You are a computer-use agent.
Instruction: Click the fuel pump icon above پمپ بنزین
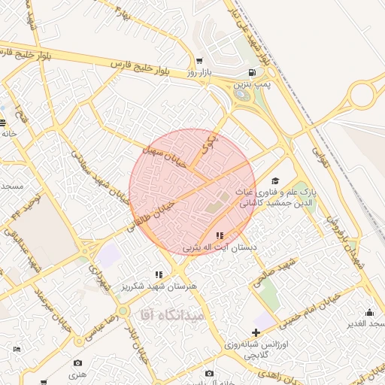pos(251,73)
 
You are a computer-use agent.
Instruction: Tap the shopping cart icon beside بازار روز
pos(199,61)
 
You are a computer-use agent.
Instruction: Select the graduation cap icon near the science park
pos(275,181)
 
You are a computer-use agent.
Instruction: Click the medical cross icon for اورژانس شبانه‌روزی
pos(257,332)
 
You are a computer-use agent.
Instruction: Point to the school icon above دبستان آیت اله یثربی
pos(220,236)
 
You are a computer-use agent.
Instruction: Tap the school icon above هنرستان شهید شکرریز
pos(158,275)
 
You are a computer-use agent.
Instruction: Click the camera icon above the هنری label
pos(78,362)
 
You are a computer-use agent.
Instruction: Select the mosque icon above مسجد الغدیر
pos(369,312)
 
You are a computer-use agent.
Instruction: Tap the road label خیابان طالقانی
pos(153,214)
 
